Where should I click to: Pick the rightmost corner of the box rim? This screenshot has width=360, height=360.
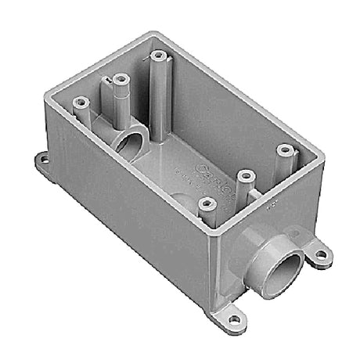tap(322, 151)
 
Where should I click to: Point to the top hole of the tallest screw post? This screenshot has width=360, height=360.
tap(160, 56)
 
